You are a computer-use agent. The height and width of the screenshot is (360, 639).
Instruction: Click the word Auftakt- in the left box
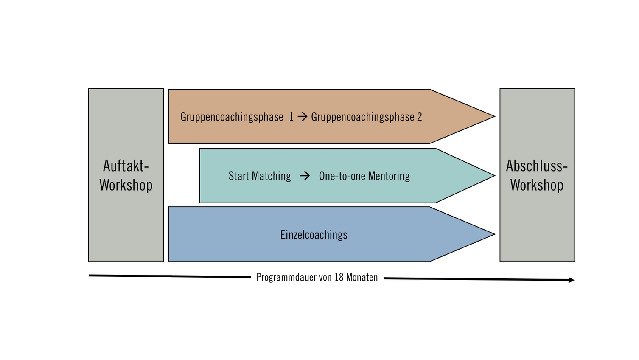tap(126, 166)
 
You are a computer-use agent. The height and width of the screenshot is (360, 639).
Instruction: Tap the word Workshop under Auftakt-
tap(126, 185)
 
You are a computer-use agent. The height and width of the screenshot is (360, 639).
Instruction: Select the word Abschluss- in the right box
tap(537, 166)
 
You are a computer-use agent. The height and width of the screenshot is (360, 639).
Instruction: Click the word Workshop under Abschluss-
tap(537, 185)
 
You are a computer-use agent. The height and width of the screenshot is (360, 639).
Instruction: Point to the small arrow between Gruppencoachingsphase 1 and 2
tap(302, 117)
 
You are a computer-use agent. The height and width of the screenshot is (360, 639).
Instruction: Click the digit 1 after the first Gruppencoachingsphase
tap(291, 117)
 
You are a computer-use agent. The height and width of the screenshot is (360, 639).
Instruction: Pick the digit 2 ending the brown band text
tap(419, 117)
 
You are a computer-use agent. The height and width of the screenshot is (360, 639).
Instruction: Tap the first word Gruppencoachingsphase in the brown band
tap(232, 117)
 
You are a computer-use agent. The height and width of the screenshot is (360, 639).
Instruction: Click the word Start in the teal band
tap(238, 176)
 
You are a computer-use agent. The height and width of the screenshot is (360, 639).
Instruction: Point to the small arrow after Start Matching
tap(305, 176)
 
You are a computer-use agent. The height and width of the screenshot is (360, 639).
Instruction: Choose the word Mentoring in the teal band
tap(389, 176)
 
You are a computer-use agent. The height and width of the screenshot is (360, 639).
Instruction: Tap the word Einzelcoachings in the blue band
tap(314, 235)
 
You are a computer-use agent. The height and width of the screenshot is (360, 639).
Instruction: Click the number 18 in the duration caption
tap(339, 277)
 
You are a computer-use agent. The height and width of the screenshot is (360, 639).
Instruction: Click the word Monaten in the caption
tap(362, 277)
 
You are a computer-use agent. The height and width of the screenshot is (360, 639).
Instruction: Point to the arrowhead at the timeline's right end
tap(571, 280)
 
